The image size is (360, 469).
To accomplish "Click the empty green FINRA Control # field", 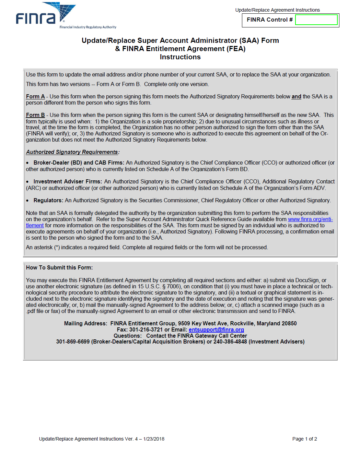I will click(x=316, y=20).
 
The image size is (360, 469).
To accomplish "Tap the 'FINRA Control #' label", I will click(x=269, y=20).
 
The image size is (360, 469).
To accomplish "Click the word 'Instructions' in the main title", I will click(x=180, y=57).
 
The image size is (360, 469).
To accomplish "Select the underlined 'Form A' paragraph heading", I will click(x=35, y=97).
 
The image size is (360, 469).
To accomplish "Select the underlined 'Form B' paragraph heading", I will click(x=35, y=115).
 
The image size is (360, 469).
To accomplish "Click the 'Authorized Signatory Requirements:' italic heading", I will click(x=72, y=152).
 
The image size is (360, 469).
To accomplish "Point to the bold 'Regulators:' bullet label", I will click(x=48, y=201).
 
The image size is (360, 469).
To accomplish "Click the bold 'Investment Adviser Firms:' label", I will click(x=68, y=182).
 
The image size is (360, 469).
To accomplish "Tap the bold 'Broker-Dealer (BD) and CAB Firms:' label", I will click(x=79, y=163).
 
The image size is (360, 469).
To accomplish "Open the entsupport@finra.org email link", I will click(x=216, y=330).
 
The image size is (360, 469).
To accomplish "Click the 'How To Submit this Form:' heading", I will click(x=59, y=268).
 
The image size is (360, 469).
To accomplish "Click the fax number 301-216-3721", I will click(x=146, y=330).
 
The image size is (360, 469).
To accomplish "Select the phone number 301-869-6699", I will click(x=73, y=342).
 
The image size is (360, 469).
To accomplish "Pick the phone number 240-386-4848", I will click(x=230, y=342).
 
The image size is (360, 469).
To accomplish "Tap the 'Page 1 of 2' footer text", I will click(x=304, y=439).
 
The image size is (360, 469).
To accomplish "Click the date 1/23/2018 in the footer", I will click(x=154, y=439).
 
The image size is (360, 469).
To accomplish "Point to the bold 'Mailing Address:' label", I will click(x=85, y=324).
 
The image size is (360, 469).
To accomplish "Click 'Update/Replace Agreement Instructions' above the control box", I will click(x=277, y=10).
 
